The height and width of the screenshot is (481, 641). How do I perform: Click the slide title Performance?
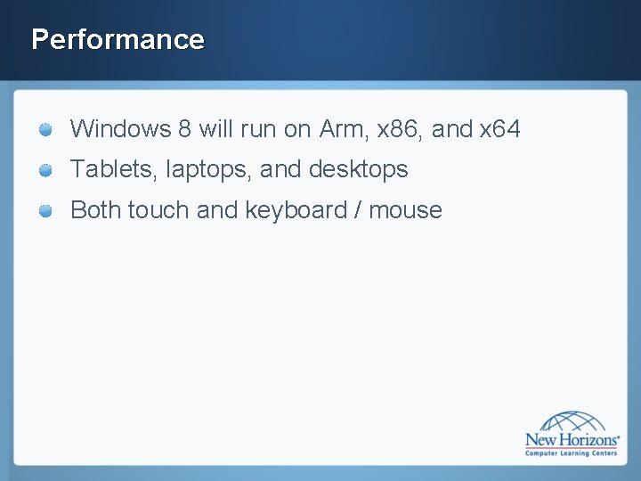pyautogui.click(x=118, y=39)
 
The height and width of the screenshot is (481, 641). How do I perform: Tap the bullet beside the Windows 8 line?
pyautogui.click(x=46, y=130)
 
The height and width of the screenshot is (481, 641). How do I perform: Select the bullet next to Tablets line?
pyautogui.click(x=46, y=170)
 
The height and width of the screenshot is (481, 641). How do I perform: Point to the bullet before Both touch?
pyautogui.click(x=46, y=211)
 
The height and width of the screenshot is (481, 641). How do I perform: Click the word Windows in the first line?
pyautogui.click(x=120, y=129)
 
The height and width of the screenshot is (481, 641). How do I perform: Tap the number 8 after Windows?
pyautogui.click(x=184, y=129)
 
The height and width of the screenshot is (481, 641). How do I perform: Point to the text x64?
pyautogui.click(x=500, y=129)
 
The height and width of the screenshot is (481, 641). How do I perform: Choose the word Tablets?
pyautogui.click(x=113, y=169)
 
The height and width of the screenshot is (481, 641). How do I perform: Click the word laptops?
pyautogui.click(x=209, y=170)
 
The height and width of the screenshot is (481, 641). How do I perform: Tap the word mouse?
pyautogui.click(x=405, y=211)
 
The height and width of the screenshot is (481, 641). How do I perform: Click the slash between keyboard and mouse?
pyautogui.click(x=358, y=210)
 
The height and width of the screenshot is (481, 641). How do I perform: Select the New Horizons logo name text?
pyautogui.click(x=571, y=439)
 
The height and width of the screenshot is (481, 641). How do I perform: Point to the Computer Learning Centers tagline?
pyautogui.click(x=572, y=452)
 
